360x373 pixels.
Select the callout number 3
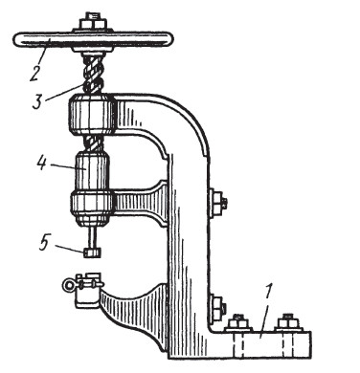[38, 100]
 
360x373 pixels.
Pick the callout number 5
[43, 245]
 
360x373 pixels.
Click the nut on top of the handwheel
[93, 23]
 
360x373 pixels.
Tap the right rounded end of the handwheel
[168, 40]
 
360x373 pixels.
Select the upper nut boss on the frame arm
[92, 114]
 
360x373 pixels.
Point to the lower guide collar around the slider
[92, 208]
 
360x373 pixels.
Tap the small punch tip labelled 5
[93, 252]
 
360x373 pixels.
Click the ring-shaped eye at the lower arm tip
[68, 285]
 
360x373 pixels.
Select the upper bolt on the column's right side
[218, 203]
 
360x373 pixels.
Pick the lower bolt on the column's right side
[218, 309]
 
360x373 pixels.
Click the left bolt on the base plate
[238, 323]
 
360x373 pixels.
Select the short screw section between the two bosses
[93, 143]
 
